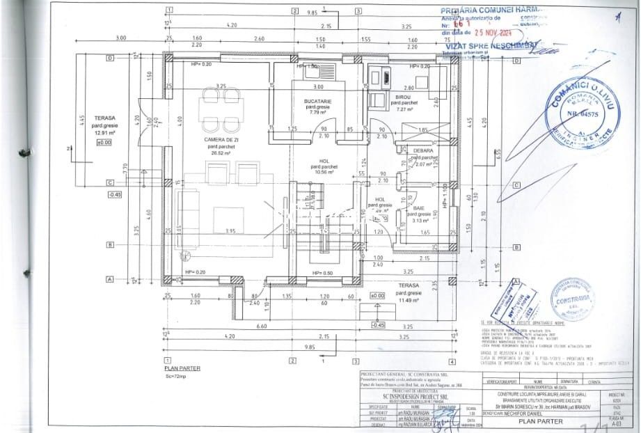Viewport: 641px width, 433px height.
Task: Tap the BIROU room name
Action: [x=403, y=97]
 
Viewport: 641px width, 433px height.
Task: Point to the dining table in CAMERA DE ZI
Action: [x=221, y=109]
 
